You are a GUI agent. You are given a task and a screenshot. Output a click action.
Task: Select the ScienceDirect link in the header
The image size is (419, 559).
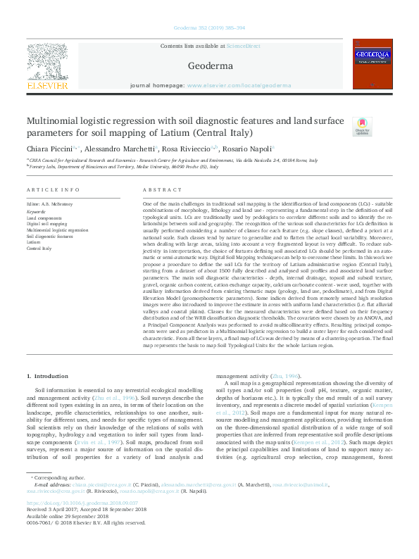(x=244, y=46)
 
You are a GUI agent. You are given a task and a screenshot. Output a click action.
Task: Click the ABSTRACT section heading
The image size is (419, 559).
(x=157, y=191)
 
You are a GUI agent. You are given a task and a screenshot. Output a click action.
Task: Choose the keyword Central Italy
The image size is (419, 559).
(x=39, y=249)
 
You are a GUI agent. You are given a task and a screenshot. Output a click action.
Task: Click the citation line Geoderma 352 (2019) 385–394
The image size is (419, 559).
(x=209, y=29)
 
